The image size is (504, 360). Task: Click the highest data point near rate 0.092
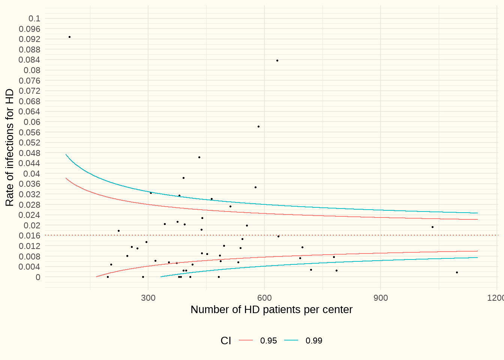[x=70, y=37]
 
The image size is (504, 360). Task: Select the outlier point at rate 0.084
[x=277, y=60]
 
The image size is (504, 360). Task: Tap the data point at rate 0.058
[x=258, y=126]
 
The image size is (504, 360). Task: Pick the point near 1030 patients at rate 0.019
[x=432, y=227]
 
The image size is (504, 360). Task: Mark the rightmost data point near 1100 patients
[x=457, y=272]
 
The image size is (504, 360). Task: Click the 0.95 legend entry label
[x=268, y=340]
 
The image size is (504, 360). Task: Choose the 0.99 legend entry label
[x=314, y=340]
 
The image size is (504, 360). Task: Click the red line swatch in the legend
[x=246, y=340]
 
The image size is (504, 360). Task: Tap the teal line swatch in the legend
[x=291, y=340]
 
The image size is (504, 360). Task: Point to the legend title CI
[x=226, y=340]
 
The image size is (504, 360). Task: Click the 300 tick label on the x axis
[x=148, y=298]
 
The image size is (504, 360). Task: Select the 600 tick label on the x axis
[x=264, y=298]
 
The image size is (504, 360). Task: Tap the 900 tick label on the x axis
[x=381, y=298]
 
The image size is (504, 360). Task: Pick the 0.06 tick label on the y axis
[x=32, y=122]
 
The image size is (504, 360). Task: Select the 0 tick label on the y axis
[x=38, y=277]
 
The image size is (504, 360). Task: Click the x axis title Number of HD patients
[x=271, y=310]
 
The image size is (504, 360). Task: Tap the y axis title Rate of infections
[x=10, y=147]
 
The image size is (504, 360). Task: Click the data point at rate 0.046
[x=199, y=157]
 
